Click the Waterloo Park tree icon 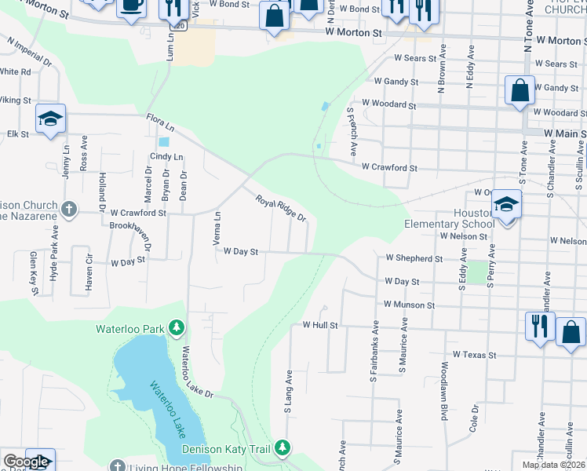(x=177, y=327)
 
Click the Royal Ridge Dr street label (x=280, y=208)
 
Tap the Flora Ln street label (x=159, y=122)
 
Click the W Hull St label (x=320, y=324)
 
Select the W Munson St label (x=409, y=304)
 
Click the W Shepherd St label (x=414, y=258)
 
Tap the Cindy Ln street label (x=166, y=157)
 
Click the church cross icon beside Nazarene (x=69, y=209)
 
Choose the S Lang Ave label (x=289, y=392)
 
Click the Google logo (x=26, y=462)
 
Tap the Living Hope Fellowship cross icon (x=117, y=467)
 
